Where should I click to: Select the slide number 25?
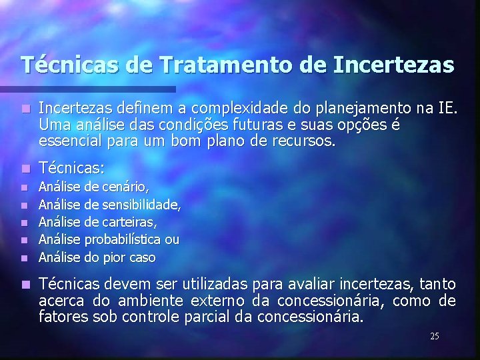[x=434, y=336]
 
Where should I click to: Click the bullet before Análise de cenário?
[x=25, y=189]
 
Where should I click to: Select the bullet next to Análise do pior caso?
[x=25, y=257]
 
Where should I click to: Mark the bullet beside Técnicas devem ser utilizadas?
[x=25, y=285]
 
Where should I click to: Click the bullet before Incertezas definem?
[x=25, y=108]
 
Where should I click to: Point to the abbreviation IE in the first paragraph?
[x=446, y=107]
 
